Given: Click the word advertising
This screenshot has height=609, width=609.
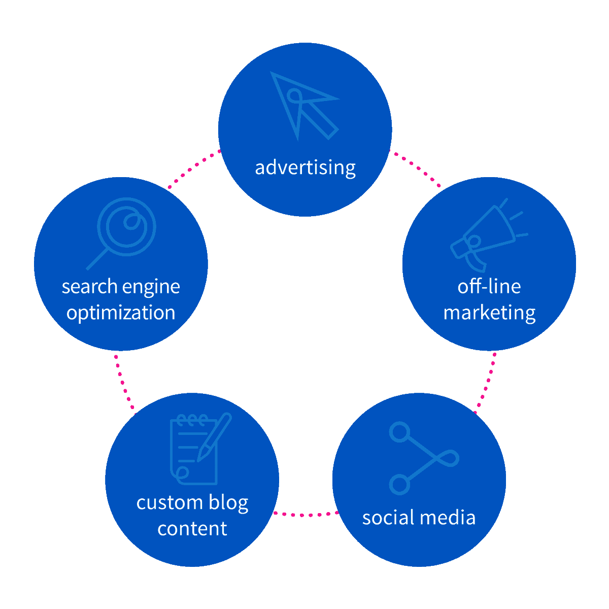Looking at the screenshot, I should (305, 167).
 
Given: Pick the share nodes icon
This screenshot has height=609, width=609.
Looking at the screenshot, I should (422, 458).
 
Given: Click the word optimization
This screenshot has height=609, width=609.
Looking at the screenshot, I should (121, 313).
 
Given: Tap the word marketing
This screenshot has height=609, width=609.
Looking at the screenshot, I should (489, 313).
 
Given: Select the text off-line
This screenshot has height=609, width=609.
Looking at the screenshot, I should (489, 287).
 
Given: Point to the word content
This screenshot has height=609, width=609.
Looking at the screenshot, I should (192, 529).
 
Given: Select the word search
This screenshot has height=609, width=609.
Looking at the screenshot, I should (89, 287).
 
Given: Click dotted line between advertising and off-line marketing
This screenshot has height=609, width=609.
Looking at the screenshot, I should (415, 168).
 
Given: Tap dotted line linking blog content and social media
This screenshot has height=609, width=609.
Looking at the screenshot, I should (306, 515).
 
